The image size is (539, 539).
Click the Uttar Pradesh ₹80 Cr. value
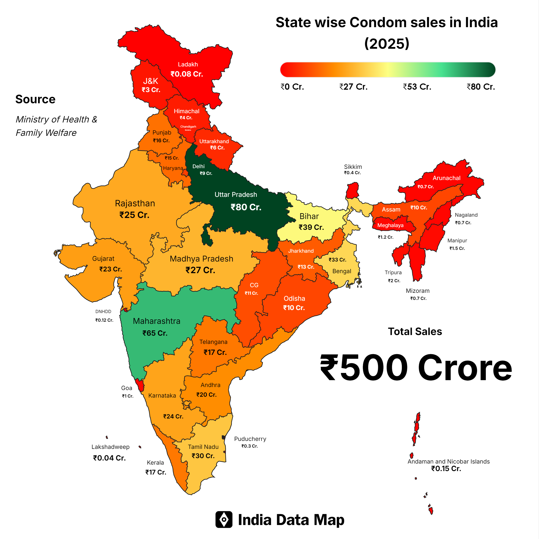click(246, 207)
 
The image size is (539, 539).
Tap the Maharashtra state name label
click(157, 321)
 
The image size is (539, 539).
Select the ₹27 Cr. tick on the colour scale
click(353, 87)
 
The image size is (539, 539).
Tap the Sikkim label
click(353, 167)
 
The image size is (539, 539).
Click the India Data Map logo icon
click(224, 519)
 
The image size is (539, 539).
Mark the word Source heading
click(35, 99)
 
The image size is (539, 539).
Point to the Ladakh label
click(188, 64)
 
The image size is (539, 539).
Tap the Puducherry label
click(250, 439)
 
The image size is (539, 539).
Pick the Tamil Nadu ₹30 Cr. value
click(203, 456)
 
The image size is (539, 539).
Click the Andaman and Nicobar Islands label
click(448, 461)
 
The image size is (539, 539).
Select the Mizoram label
click(417, 291)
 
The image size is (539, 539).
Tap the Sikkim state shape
click(352, 191)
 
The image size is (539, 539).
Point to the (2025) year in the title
click(387, 44)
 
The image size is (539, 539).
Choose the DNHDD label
click(103, 312)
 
